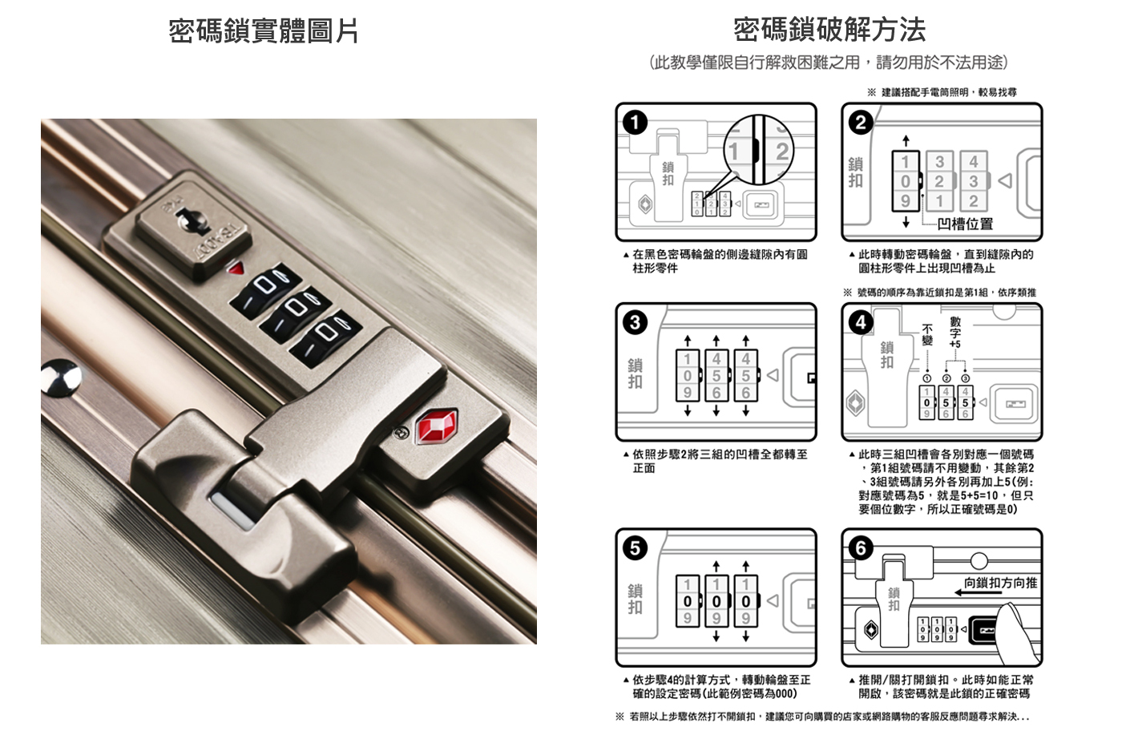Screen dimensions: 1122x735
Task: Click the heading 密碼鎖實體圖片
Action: coord(263,31)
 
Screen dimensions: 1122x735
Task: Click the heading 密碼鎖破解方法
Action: coord(829,30)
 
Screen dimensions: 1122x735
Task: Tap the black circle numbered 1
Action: coord(635,123)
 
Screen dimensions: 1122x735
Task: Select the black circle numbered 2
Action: coord(861,123)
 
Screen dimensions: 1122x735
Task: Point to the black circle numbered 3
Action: coord(635,322)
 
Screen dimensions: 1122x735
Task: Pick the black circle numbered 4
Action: coord(861,322)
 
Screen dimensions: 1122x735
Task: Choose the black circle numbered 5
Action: coord(635,547)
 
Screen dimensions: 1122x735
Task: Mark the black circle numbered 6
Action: coord(861,547)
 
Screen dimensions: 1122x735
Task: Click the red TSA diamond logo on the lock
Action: coord(436,426)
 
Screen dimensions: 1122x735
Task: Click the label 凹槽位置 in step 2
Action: coord(965,224)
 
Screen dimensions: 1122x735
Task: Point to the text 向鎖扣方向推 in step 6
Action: coord(1000,583)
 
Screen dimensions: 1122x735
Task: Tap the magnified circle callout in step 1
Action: coord(758,151)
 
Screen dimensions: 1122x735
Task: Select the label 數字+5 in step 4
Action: coord(955,332)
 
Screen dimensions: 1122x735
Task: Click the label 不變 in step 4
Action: coord(927,335)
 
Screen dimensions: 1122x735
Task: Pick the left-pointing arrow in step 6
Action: coord(978,592)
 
